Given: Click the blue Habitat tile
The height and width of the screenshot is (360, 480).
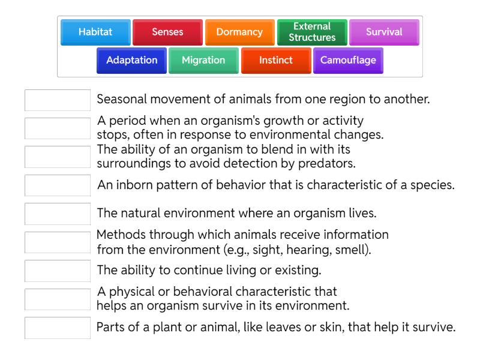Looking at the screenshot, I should pos(95,32).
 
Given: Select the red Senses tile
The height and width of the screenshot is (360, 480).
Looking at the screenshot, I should pos(167,32).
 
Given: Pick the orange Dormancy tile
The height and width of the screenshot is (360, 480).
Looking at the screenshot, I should pos(239,32).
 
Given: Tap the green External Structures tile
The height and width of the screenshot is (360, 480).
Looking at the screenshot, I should pos(311,32).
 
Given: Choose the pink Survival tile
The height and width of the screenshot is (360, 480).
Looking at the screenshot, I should pos(384,32).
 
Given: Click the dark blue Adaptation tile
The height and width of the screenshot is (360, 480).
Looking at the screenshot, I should pos(131,60).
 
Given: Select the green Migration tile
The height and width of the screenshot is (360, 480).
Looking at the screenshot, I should pos(203,60).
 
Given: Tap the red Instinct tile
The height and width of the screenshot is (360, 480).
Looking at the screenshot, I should pos(275,60).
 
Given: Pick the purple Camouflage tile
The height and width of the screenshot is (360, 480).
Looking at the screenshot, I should pos(348,60).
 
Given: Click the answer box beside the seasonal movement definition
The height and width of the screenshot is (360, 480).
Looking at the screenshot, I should pos(58,100).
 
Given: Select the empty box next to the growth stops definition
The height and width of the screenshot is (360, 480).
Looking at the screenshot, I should pos(58,128).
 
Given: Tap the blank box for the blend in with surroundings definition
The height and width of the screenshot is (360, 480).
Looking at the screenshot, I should pos(58,157).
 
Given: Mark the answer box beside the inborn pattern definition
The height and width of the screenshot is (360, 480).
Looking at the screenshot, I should pos(58,185).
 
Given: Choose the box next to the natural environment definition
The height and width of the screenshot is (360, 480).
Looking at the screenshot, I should pos(58,214).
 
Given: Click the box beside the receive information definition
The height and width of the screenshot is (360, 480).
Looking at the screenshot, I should pos(58,242).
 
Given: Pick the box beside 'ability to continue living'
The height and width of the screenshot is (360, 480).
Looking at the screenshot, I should pos(58,271).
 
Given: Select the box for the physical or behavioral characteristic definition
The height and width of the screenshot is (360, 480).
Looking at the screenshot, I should pos(58,299).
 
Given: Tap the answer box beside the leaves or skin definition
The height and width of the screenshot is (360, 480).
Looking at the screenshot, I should pos(58,327).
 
